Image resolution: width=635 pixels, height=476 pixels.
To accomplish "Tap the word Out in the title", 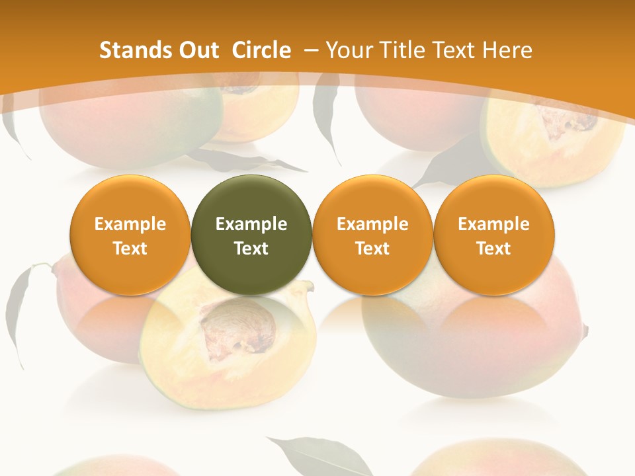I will tap(196, 50).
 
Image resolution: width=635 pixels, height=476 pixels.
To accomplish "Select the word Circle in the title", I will tap(261, 50).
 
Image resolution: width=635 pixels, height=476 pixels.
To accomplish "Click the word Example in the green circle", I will tap(251, 224).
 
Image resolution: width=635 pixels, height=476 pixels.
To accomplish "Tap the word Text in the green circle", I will tap(251, 249).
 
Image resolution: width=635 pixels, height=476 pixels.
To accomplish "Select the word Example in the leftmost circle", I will tap(130, 224).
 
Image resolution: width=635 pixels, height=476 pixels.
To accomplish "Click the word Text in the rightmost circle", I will tap(493, 249).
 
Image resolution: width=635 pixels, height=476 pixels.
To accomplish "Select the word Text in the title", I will tap(452, 50).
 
